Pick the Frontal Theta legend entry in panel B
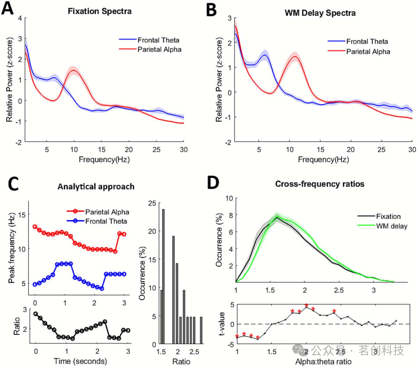coord(367,41)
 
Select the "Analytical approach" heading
coord(96,187)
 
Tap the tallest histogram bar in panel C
coord(163,277)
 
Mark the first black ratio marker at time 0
coord(36,314)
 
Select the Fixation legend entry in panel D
coord(388,216)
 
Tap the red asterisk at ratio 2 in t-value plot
coord(306,306)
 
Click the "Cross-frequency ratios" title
coord(320,184)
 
